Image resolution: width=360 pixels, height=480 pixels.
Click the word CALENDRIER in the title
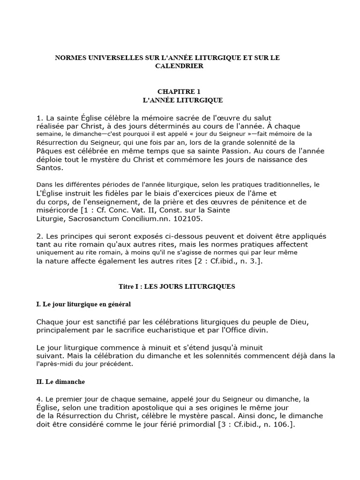point(180,66)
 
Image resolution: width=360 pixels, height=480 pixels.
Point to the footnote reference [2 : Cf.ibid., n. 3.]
point(224,262)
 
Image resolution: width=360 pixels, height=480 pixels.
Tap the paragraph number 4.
point(39,399)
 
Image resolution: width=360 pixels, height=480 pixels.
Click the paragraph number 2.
point(39,236)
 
